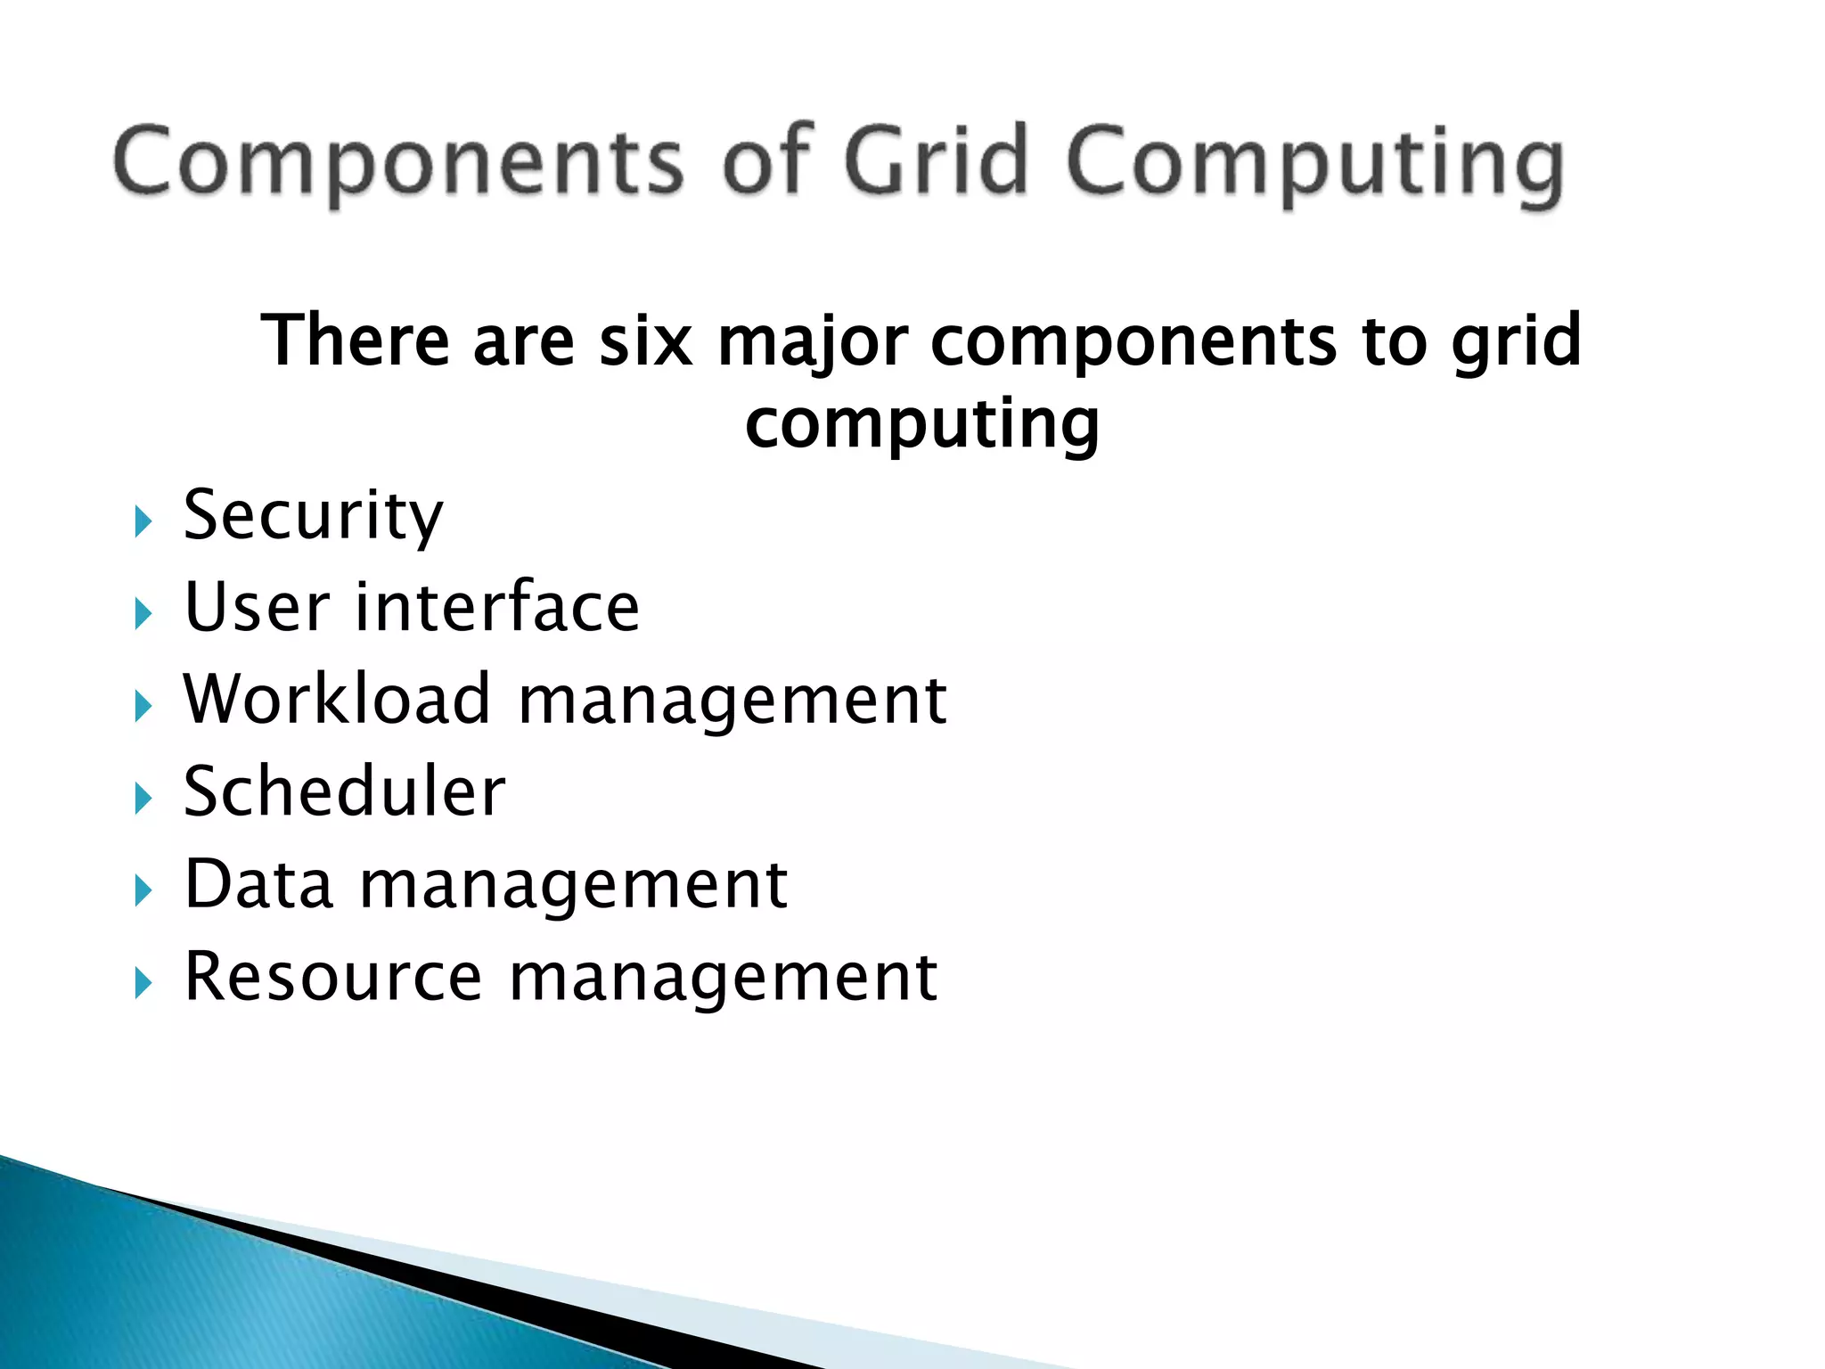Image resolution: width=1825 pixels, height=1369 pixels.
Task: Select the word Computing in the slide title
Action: click(1314, 166)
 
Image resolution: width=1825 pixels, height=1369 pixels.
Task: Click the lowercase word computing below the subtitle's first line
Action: click(922, 425)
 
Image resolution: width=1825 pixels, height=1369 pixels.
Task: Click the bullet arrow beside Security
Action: click(143, 521)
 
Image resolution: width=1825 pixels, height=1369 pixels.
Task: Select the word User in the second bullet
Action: click(257, 607)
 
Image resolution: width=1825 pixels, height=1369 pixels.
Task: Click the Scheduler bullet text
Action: click(344, 791)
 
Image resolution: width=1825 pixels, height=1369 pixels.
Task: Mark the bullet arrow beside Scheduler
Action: click(143, 798)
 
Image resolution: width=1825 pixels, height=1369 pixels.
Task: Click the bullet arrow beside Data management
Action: click(143, 890)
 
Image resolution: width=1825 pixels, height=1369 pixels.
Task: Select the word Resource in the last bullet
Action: click(332, 977)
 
